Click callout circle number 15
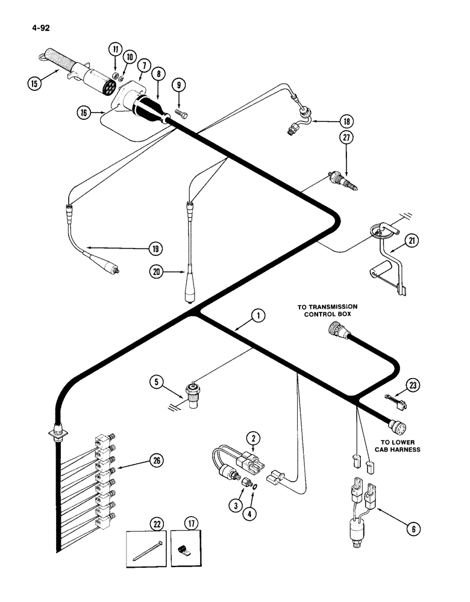click(x=35, y=82)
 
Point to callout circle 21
click(x=412, y=241)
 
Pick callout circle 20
click(x=156, y=273)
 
